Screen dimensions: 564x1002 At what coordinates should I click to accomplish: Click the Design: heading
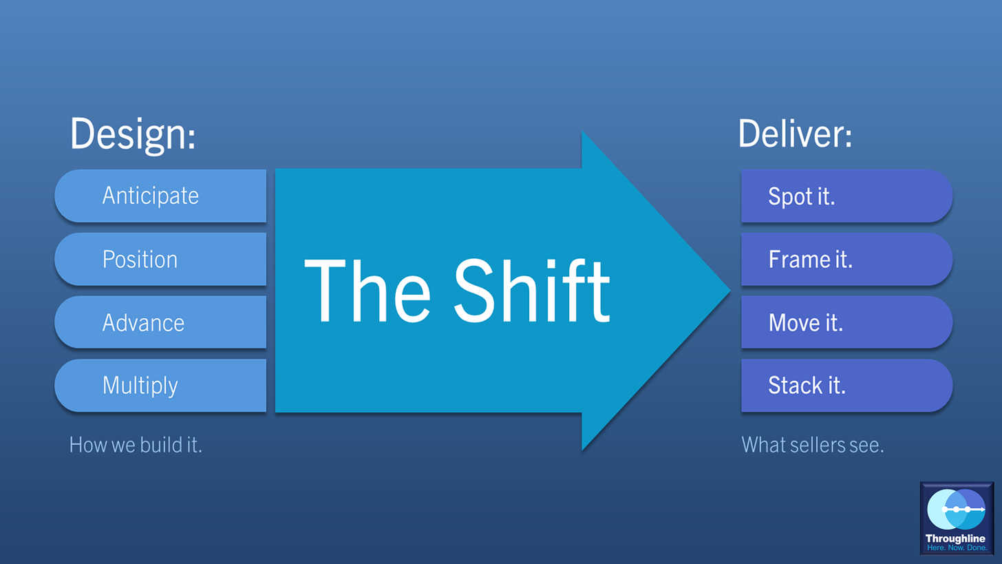click(133, 134)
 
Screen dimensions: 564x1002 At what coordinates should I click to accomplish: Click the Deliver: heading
click(795, 134)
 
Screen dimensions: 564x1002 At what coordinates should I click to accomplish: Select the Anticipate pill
click(160, 196)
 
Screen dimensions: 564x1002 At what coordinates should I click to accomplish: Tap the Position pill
click(160, 260)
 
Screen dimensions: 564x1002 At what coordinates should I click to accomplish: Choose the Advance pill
click(160, 323)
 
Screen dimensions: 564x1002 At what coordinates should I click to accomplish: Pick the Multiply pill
click(160, 386)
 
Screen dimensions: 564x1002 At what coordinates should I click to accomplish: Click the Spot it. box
click(846, 196)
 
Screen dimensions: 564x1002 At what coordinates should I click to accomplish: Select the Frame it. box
click(846, 260)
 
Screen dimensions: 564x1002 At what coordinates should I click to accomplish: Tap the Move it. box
click(846, 323)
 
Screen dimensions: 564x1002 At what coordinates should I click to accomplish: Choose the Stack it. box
click(846, 386)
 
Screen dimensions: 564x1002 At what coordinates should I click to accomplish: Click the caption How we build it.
click(136, 445)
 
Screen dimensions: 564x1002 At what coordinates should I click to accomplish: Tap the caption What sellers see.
click(812, 445)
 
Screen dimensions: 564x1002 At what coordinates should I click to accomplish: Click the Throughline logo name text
click(957, 538)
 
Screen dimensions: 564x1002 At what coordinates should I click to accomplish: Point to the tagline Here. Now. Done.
click(957, 547)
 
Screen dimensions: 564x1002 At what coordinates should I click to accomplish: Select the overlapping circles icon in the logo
click(957, 509)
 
